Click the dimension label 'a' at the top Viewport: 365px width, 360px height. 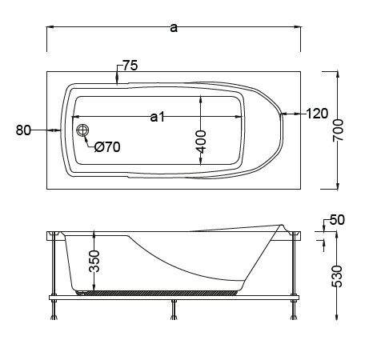[x=174, y=28]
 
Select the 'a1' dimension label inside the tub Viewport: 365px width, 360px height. [x=158, y=117]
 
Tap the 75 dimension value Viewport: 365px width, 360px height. [x=130, y=66]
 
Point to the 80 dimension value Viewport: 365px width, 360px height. [x=23, y=130]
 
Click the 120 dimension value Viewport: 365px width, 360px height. [x=317, y=114]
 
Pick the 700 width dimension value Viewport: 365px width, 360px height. [x=338, y=130]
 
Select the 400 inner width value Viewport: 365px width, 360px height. [x=201, y=142]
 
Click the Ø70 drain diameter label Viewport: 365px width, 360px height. [x=107, y=147]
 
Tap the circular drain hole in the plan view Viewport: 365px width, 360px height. [x=82, y=130]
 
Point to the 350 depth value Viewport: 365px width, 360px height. [x=94, y=262]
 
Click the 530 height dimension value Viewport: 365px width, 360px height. [x=337, y=276]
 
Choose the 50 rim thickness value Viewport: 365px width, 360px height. [x=337, y=220]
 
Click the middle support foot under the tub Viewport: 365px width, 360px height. [x=174, y=310]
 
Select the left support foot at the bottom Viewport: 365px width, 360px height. [x=54, y=310]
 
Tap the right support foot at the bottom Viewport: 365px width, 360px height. [x=294, y=310]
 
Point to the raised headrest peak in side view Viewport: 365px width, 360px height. [x=281, y=226]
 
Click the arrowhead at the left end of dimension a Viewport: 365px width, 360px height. [x=50, y=27]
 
